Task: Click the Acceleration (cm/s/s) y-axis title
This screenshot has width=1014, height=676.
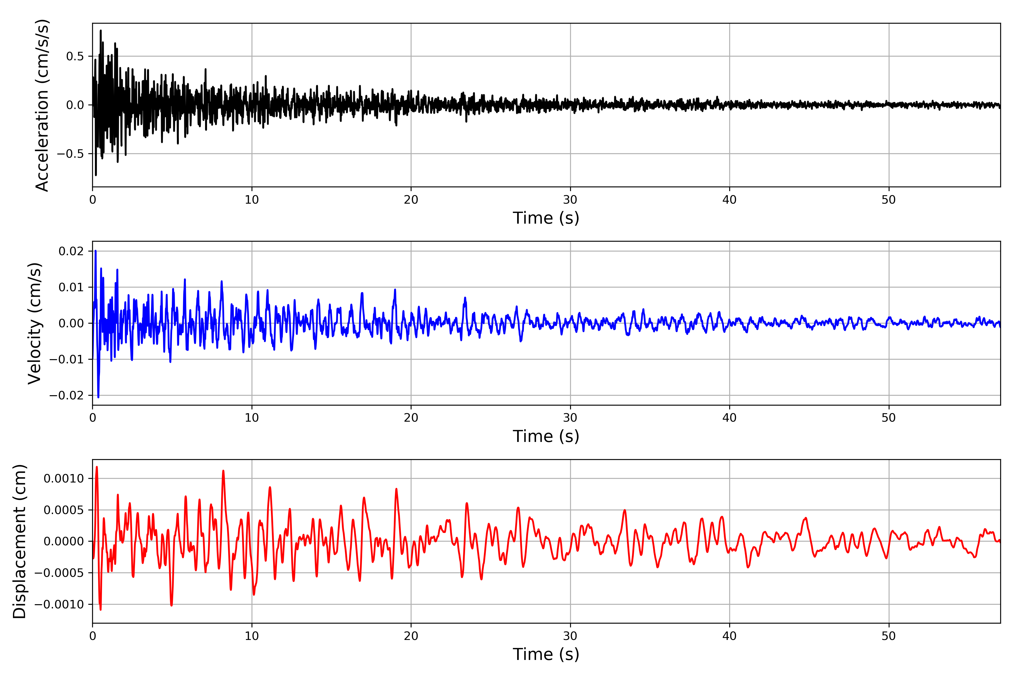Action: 42,105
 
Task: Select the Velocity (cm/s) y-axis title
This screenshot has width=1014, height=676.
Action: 34,323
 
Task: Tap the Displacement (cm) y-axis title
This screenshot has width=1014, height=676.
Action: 19,541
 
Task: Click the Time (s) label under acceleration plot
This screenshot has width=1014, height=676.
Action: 546,218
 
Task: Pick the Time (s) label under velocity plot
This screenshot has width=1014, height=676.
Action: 546,436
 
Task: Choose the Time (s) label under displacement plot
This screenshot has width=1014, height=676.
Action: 546,654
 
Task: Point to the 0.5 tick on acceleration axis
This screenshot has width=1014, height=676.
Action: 75,57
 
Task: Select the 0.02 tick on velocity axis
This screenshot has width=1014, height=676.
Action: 71,251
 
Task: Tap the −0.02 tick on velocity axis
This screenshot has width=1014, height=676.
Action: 67,395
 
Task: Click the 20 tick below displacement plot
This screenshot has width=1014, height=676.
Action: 411,636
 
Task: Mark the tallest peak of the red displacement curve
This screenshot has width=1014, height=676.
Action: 97,467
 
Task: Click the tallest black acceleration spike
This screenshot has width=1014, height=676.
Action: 101,31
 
